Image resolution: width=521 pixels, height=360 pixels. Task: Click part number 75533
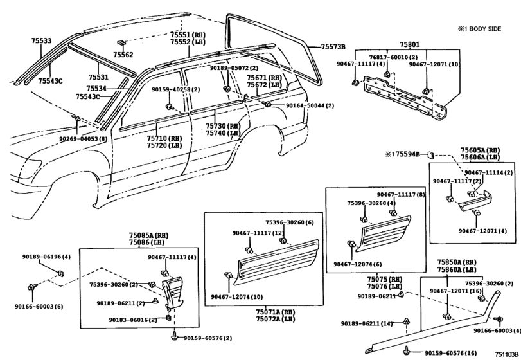tap(41, 40)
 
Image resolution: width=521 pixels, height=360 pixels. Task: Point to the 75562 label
tap(123, 55)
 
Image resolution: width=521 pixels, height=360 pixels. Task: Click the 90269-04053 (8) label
tap(83, 138)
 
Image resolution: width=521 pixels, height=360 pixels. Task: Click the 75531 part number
tap(98, 76)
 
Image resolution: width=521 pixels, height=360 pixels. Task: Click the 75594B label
tap(407, 154)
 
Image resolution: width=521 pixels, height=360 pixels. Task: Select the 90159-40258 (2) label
tap(176, 89)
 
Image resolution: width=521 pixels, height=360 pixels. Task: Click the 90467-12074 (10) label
tap(236, 296)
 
